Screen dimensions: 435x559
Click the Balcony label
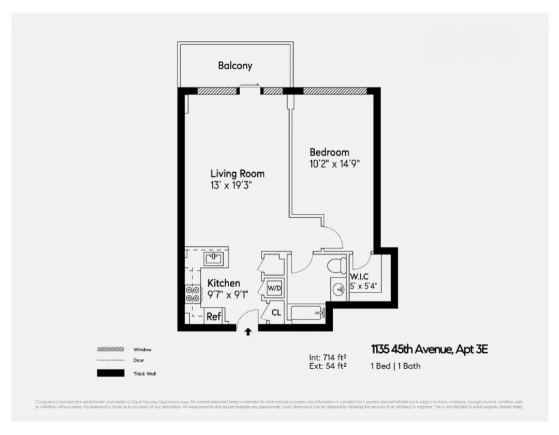click(x=235, y=66)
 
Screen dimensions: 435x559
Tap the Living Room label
click(x=237, y=174)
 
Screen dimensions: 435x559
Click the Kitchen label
click(x=224, y=283)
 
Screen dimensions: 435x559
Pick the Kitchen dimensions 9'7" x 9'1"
click(x=228, y=295)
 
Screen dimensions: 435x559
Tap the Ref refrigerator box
click(x=214, y=317)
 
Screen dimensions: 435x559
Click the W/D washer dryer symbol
click(x=274, y=287)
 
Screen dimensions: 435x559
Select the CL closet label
click(x=276, y=313)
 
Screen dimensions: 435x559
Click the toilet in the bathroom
click(x=338, y=265)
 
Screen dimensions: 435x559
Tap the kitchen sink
click(x=214, y=258)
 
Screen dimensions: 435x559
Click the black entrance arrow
click(x=248, y=332)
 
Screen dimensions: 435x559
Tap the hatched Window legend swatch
click(x=111, y=349)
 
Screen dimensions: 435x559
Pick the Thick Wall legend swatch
click(x=111, y=373)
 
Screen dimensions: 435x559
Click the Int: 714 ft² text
click(x=327, y=357)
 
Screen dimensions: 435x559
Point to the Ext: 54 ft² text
click(x=327, y=366)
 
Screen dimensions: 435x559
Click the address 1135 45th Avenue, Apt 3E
click(x=429, y=350)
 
